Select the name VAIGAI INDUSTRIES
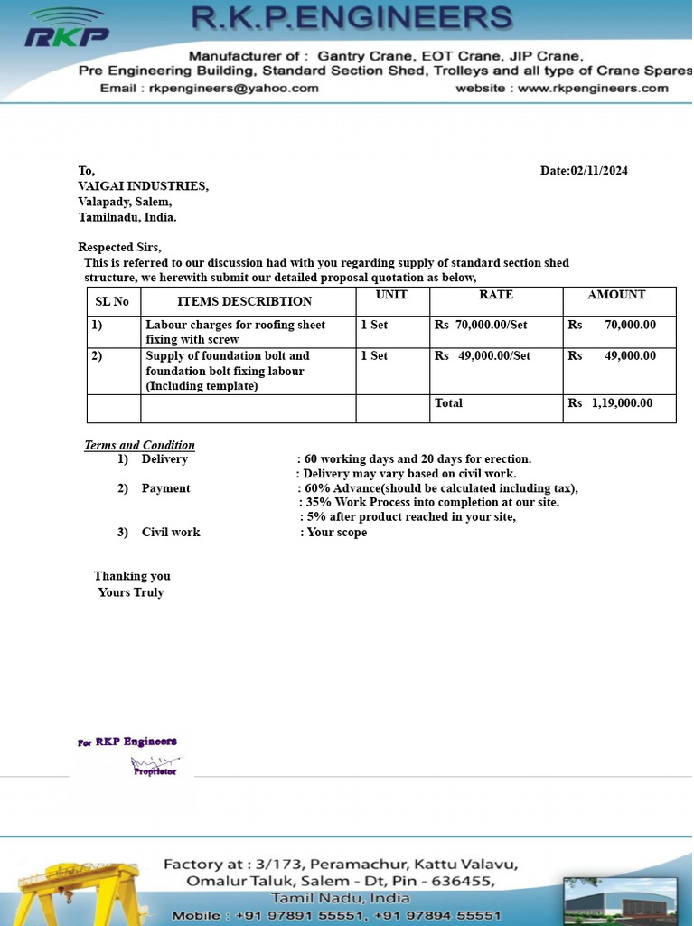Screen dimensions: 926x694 pos(143,186)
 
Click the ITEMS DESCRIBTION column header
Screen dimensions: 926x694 pos(244,301)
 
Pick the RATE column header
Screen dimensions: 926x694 pos(496,295)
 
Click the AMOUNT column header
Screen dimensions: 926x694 pos(616,295)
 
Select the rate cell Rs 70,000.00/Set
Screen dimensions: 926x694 pos(481,325)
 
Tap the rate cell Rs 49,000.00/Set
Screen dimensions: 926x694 pos(483,356)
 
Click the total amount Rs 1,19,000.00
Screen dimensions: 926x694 pos(610,403)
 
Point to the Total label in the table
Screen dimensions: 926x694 pos(448,403)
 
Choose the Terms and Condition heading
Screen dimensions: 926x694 pos(139,445)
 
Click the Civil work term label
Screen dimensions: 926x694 pos(171,532)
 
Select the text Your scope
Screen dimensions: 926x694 pos(337,532)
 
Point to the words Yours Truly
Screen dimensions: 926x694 pos(131,592)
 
